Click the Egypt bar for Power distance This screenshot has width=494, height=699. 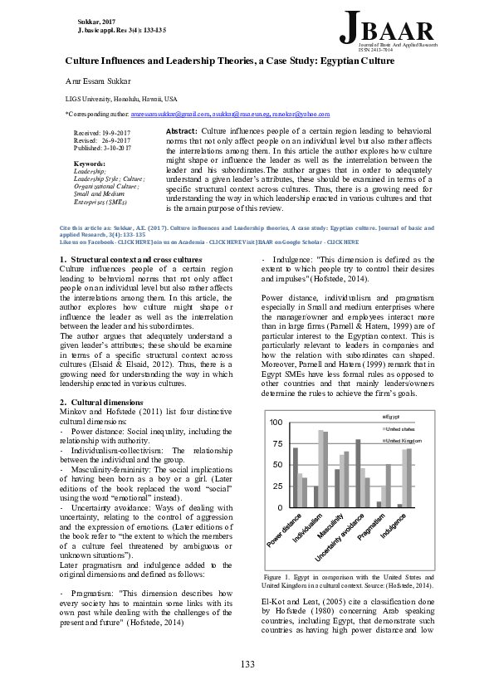tap(296, 477)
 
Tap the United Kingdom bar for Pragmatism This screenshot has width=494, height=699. tap(389, 486)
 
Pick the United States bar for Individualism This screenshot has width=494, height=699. tap(320, 468)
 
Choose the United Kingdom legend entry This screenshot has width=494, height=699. tap(402, 440)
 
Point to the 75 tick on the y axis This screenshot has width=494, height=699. tap(277, 443)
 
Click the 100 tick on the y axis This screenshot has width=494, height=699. tap(276, 423)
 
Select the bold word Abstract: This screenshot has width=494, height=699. tap(182, 131)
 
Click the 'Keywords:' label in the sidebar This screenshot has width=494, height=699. tap(90, 164)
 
